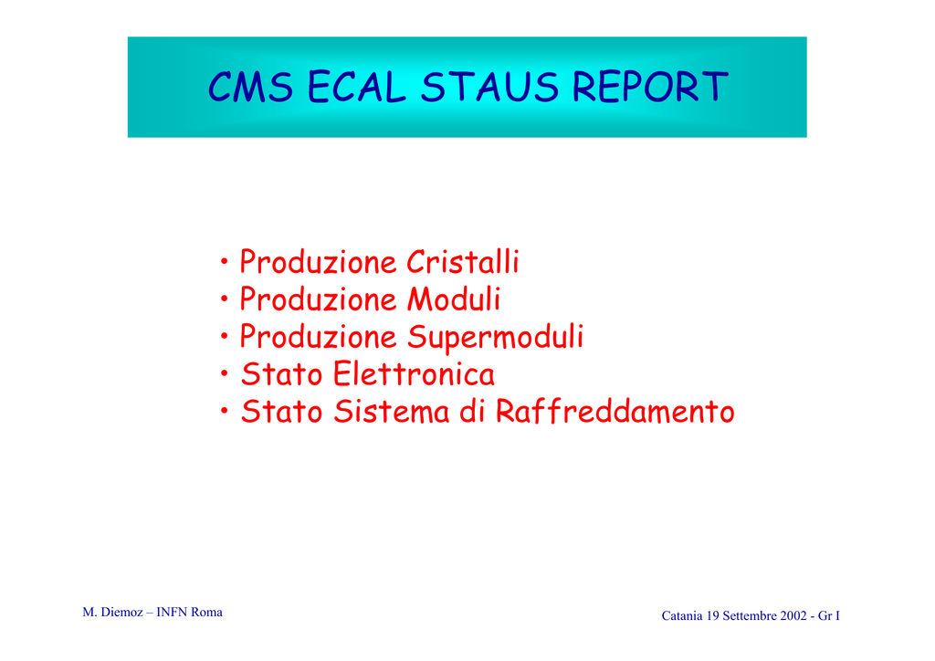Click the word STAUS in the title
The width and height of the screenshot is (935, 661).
(489, 87)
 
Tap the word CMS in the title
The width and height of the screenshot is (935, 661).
(250, 87)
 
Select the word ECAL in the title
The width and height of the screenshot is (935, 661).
(357, 87)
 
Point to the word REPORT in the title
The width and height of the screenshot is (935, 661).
(650, 87)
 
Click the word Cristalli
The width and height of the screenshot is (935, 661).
(463, 262)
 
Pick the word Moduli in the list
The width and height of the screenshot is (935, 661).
(454, 299)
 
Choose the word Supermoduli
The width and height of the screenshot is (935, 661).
(496, 338)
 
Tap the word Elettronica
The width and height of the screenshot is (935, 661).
(414, 374)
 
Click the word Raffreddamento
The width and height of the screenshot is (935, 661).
(615, 411)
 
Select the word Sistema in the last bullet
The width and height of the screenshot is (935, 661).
(391, 411)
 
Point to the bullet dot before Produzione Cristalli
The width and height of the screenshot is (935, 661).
(225, 261)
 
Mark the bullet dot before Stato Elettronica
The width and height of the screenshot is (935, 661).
(225, 373)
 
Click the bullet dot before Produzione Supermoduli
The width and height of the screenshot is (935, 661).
(225, 336)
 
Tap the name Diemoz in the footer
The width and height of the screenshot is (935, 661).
(122, 612)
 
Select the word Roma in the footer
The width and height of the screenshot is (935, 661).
(206, 612)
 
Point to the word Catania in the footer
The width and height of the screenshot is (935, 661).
(682, 615)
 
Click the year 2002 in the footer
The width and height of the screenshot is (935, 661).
(793, 615)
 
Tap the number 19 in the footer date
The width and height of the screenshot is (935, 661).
(712, 615)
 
